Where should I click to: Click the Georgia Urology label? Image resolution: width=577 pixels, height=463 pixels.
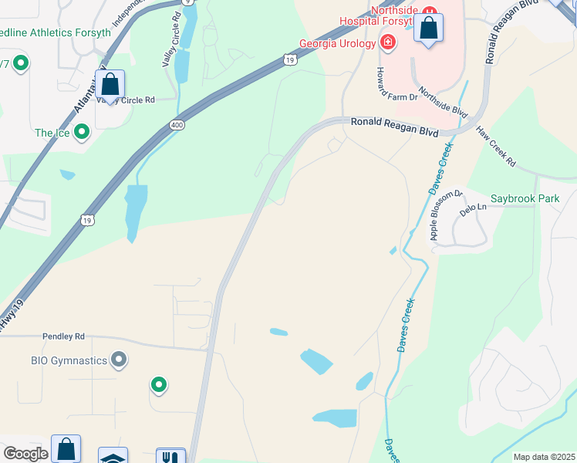click(x=337, y=43)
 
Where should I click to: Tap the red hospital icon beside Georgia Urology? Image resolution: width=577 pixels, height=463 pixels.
click(x=388, y=42)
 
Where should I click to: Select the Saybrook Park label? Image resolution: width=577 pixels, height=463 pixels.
click(x=525, y=199)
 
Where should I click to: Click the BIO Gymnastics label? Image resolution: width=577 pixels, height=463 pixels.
click(x=68, y=360)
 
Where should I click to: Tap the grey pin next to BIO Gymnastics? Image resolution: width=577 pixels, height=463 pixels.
click(x=119, y=359)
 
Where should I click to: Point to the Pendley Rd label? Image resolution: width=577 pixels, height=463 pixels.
click(x=63, y=337)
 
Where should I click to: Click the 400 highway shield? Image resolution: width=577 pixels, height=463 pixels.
click(x=177, y=124)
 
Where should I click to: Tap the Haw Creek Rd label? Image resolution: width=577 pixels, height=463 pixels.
click(x=496, y=145)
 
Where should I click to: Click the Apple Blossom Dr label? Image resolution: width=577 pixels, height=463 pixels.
click(x=445, y=215)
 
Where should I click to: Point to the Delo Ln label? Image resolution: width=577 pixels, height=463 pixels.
click(x=474, y=208)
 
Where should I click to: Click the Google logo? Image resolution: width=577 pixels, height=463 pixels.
click(x=25, y=454)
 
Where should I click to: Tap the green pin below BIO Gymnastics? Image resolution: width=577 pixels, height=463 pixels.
click(x=158, y=384)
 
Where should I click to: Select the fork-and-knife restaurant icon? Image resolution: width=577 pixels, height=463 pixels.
click(x=170, y=457)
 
